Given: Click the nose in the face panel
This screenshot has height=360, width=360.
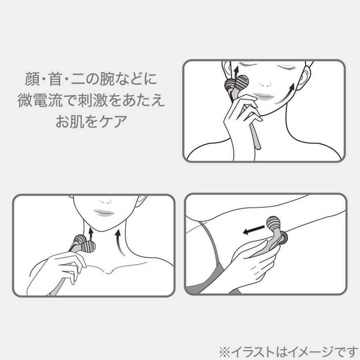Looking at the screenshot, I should (265, 83).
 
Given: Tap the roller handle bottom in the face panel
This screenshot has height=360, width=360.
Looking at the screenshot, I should (256, 142).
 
